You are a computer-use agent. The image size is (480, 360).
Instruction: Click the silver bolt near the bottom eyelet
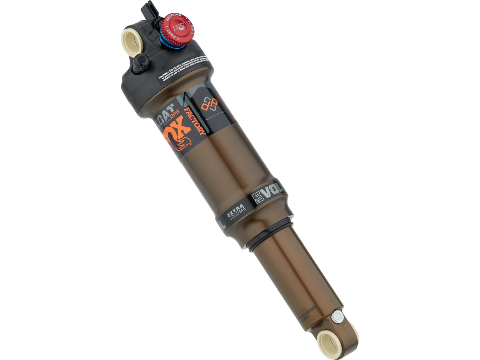[337, 316]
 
